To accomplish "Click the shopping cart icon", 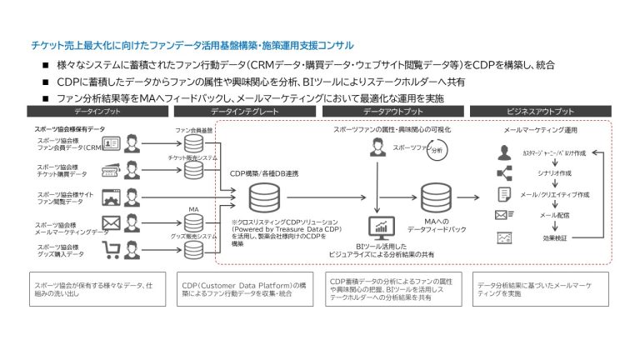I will click(111, 249).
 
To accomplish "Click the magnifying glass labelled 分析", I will click(435, 151).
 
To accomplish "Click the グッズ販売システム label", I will click(193, 236).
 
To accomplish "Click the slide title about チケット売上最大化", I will click(192, 45).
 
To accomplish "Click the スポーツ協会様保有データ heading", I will click(70, 130).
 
